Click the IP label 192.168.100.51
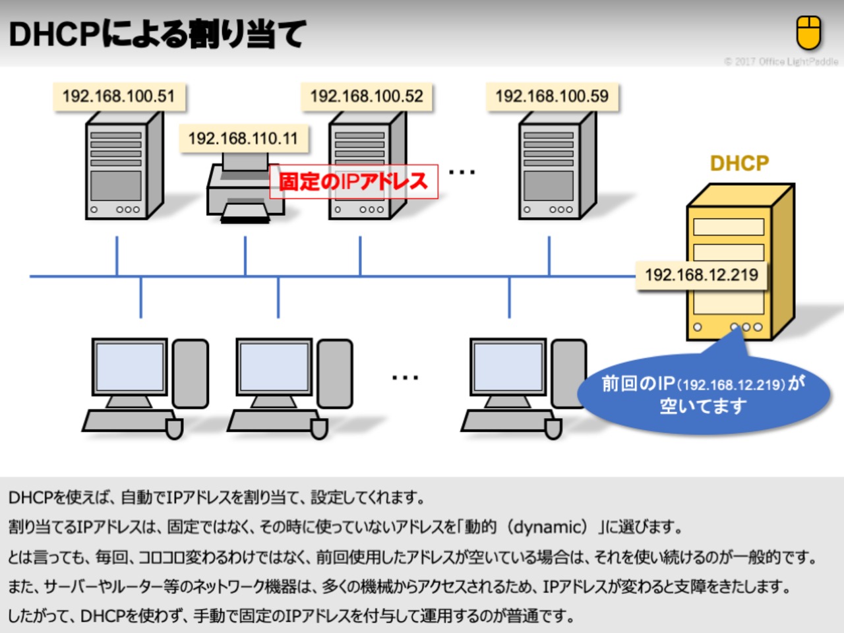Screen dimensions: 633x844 (119, 96)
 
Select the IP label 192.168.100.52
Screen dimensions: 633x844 (367, 96)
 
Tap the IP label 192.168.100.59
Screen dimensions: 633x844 (552, 96)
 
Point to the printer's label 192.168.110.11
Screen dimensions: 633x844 (243, 138)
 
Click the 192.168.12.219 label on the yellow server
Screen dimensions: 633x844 (702, 275)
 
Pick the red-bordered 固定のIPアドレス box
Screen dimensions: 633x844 (353, 181)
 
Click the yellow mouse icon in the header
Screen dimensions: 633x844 (808, 33)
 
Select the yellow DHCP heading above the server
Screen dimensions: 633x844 (739, 163)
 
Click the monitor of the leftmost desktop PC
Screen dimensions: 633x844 (130, 369)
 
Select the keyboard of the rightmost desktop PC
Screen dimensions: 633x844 (504, 421)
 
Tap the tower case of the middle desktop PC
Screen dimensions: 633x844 (334, 373)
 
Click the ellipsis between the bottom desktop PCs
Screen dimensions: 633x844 (405, 378)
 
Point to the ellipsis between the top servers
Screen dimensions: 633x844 (462, 173)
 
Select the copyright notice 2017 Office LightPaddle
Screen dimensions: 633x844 (781, 61)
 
